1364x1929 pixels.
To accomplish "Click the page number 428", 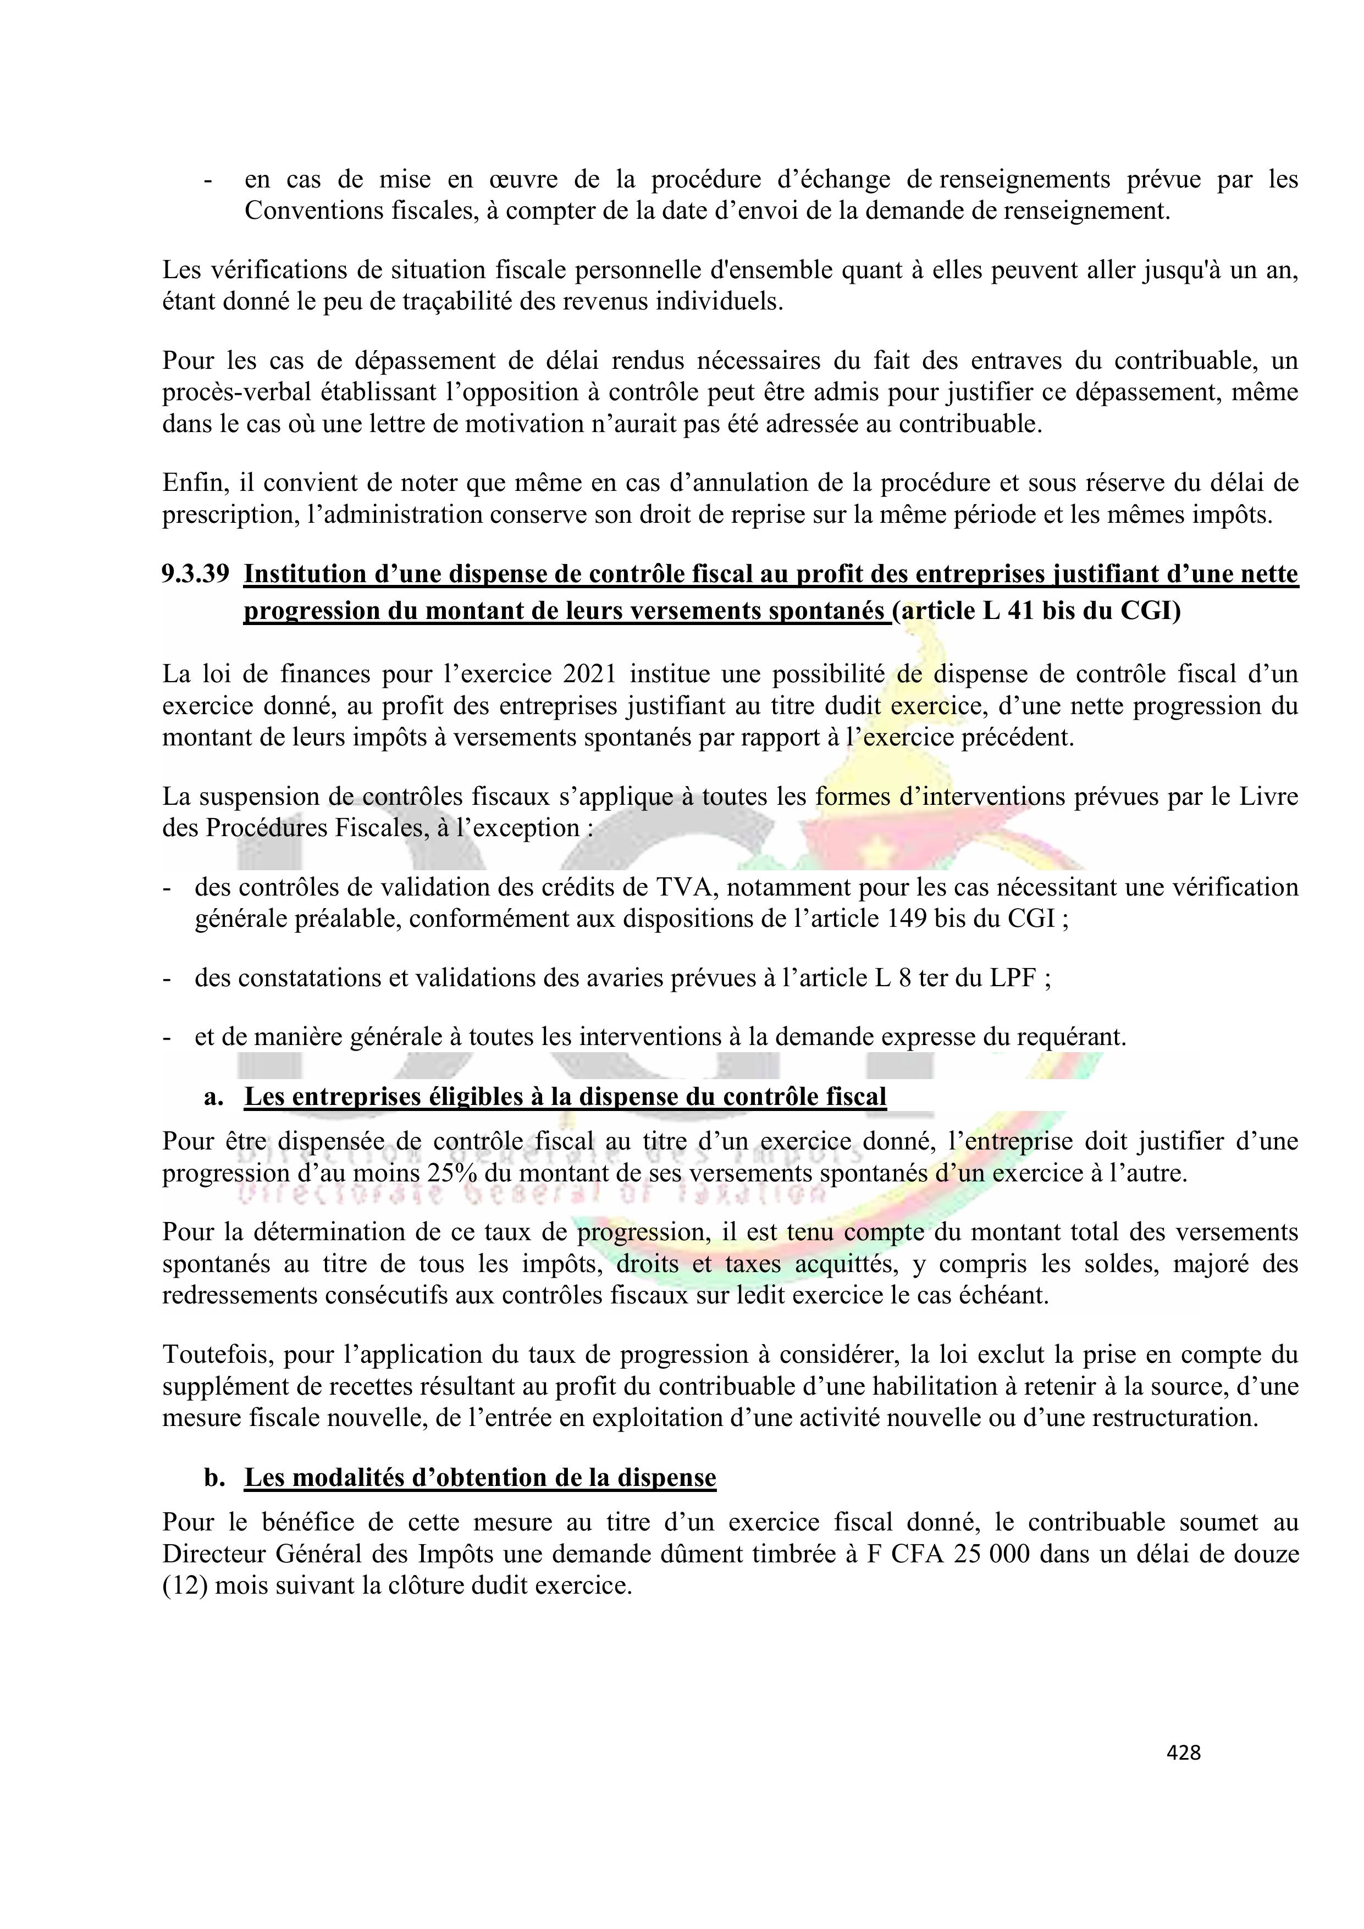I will click(x=1183, y=1752).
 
